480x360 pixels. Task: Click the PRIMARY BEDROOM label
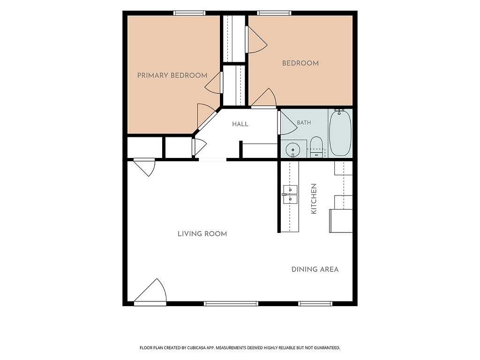[172, 75]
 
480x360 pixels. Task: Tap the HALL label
[240, 124]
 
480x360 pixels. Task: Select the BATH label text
[304, 122]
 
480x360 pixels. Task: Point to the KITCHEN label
[314, 199]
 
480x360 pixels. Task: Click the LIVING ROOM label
[202, 234]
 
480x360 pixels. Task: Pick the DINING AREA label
[315, 270]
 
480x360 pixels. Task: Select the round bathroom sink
[293, 150]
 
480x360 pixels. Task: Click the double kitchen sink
[290, 195]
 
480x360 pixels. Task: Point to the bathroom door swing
[287, 122]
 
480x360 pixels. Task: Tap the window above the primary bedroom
[189, 13]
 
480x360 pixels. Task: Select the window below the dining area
[315, 304]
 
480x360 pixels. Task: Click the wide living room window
[231, 304]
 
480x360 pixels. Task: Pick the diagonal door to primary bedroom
[206, 116]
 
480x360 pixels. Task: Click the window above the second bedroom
[274, 13]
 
